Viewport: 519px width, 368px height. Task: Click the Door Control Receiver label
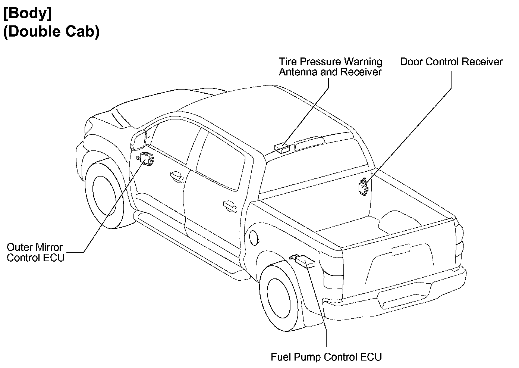(x=451, y=62)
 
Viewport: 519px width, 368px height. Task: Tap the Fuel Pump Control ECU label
(x=326, y=357)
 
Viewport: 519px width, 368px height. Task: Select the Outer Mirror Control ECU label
(x=35, y=252)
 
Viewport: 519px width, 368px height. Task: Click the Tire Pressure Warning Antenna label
(x=331, y=66)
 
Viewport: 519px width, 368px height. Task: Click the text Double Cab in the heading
(x=51, y=32)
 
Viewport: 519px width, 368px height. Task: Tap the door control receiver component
(x=363, y=187)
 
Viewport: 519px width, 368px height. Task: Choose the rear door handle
(x=230, y=206)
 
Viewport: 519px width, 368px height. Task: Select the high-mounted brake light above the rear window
(x=309, y=142)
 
